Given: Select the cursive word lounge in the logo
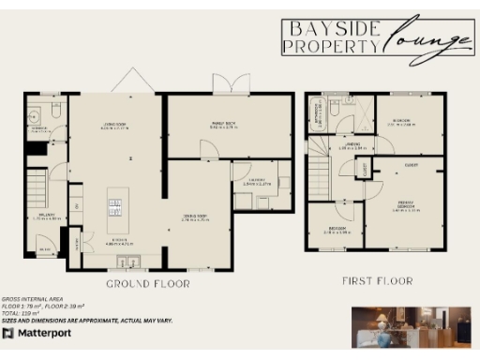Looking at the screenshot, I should coord(429,40).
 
